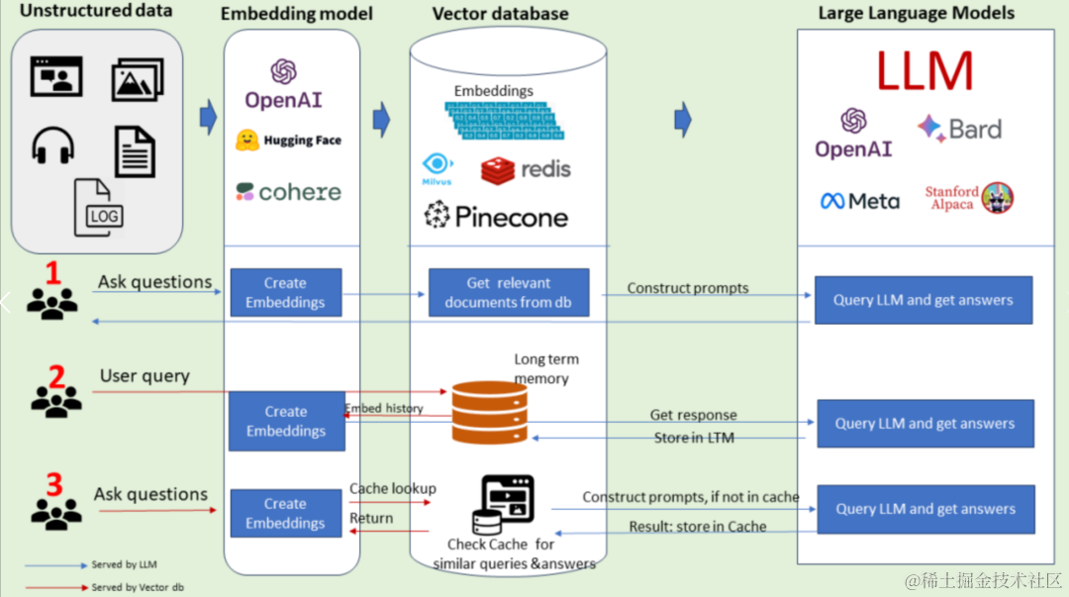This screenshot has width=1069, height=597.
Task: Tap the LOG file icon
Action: point(99,208)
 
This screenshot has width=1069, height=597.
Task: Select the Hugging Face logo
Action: point(288,141)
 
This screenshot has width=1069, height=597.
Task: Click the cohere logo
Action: point(288,191)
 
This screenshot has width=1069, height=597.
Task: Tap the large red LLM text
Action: point(924,71)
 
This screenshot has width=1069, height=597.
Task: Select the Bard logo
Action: point(959,129)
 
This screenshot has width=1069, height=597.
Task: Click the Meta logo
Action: point(860,201)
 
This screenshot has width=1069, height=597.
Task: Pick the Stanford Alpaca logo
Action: point(969,198)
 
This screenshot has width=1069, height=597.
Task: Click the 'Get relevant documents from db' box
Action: point(509,292)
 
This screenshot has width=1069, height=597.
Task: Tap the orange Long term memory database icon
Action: point(490,412)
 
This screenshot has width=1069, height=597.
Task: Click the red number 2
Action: point(56,376)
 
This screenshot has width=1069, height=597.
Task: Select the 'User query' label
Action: point(145,376)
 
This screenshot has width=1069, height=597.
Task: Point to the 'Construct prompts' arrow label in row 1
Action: point(688,288)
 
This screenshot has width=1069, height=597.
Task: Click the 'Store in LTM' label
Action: point(694,438)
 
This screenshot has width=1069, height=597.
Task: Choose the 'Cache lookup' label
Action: point(392,489)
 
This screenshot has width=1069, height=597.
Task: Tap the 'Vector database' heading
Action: point(500,14)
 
